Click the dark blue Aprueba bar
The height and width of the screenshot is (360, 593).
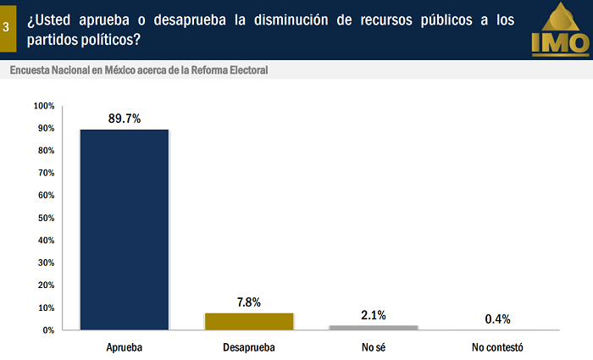pyautogui.click(x=125, y=229)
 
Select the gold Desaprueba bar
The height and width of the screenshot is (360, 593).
pyautogui.click(x=249, y=321)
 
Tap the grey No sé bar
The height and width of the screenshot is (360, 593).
pyautogui.click(x=373, y=327)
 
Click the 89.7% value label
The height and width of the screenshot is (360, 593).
pyautogui.click(x=125, y=119)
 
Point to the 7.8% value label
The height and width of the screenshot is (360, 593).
pyautogui.click(x=249, y=302)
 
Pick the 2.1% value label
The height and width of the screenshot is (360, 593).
pyautogui.click(x=373, y=315)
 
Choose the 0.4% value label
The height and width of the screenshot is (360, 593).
pyautogui.click(x=497, y=318)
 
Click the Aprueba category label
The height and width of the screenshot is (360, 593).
pyautogui.click(x=125, y=347)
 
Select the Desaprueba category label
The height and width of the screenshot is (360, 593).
pyautogui.click(x=249, y=347)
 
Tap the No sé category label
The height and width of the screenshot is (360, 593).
pyautogui.click(x=373, y=347)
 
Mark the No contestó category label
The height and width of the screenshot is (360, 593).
pyautogui.click(x=497, y=347)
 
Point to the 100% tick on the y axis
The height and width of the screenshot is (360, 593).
pyautogui.click(x=44, y=106)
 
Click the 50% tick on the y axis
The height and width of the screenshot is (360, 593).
pyautogui.click(x=46, y=218)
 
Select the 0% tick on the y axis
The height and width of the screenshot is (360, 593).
pyautogui.click(x=48, y=330)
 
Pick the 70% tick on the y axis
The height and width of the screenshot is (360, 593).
pyautogui.click(x=46, y=173)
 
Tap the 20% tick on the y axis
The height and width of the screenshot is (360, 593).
pyautogui.click(x=46, y=285)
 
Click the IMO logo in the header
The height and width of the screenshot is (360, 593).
pyautogui.click(x=559, y=30)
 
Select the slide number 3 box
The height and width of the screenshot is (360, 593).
pyautogui.click(x=7, y=27)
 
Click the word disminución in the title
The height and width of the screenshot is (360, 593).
pyautogui.click(x=279, y=19)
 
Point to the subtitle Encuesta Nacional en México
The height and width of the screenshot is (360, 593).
pyautogui.click(x=139, y=70)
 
